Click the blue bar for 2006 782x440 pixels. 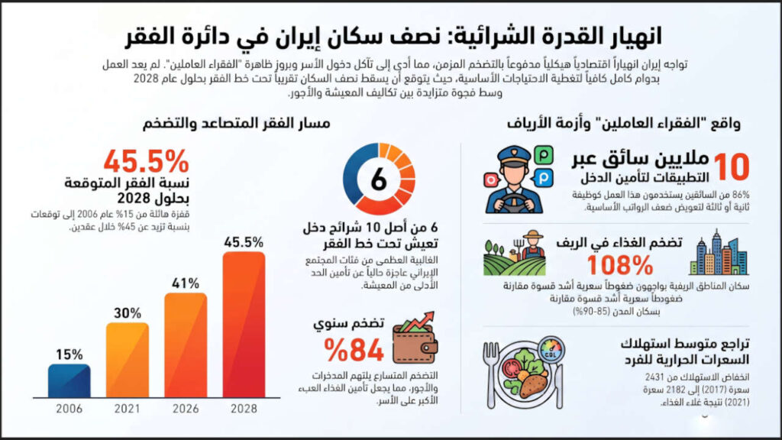pyautogui.click(x=69, y=380)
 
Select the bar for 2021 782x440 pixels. pyautogui.click(x=128, y=360)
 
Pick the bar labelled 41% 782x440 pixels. pyautogui.click(x=186, y=345)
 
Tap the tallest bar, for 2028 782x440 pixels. pyautogui.click(x=244, y=325)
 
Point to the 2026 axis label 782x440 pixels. pyautogui.click(x=186, y=409)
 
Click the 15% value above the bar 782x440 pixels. pyautogui.click(x=69, y=354)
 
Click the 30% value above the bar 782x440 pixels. pyautogui.click(x=128, y=313)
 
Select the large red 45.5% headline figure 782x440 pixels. pyautogui.click(x=146, y=161)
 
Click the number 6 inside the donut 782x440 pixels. pyautogui.click(x=379, y=179)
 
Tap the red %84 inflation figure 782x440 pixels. pyautogui.click(x=354, y=350)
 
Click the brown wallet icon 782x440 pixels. pyautogui.click(x=415, y=340)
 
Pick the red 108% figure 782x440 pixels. pyautogui.click(x=620, y=265)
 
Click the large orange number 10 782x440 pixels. pyautogui.click(x=731, y=167)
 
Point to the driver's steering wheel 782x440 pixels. pyautogui.click(x=514, y=203)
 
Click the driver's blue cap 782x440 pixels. pyautogui.click(x=514, y=154)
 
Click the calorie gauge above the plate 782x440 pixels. pyautogui.click(x=550, y=348)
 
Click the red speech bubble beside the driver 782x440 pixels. pyautogui.click(x=492, y=180)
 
